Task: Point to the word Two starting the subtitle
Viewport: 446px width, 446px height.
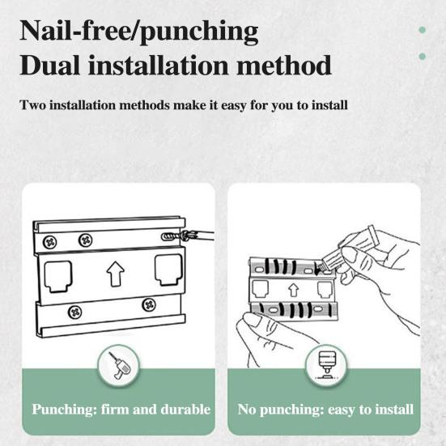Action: [x=32, y=105]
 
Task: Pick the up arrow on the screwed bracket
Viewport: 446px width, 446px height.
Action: [x=113, y=274]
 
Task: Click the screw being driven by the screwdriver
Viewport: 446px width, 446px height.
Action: [x=171, y=236]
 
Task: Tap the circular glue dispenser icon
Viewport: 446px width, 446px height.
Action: [x=324, y=369]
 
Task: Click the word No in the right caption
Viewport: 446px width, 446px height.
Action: [x=248, y=410]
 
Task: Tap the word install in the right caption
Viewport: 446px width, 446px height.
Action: [x=393, y=410]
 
